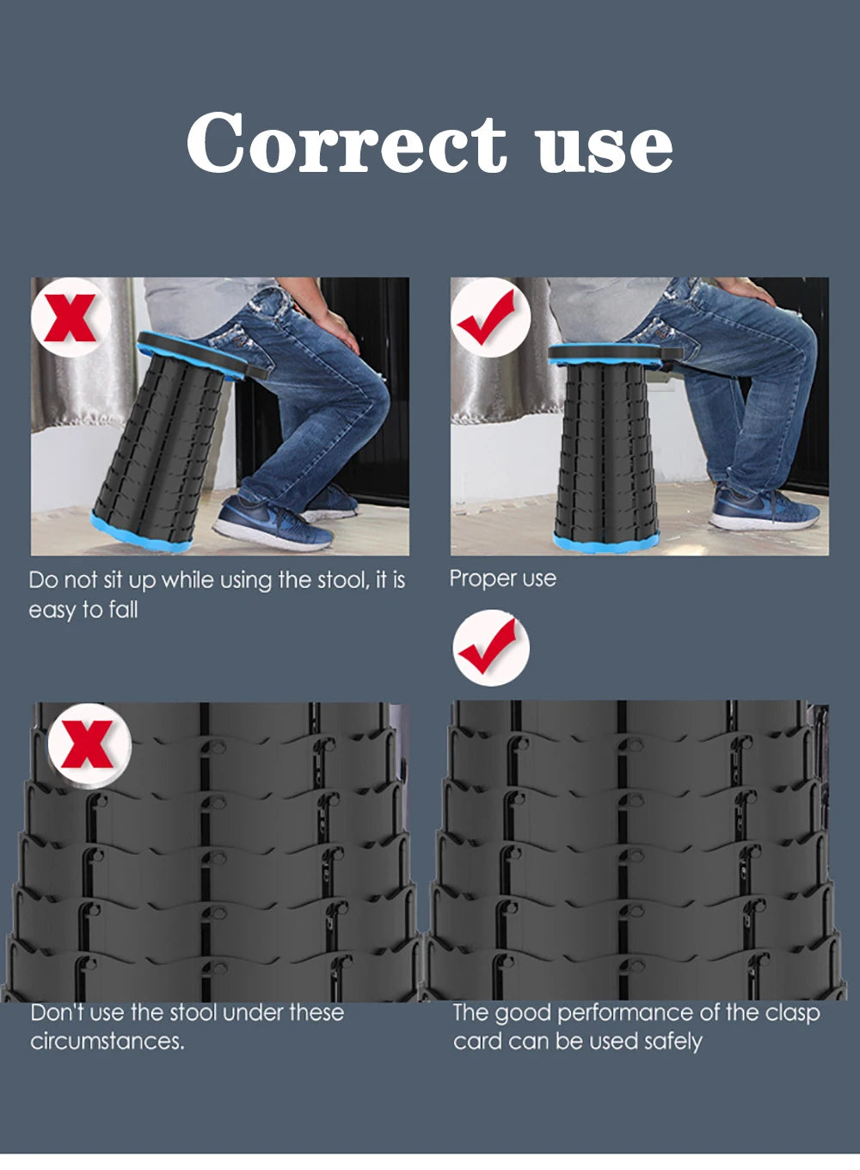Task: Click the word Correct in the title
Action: pyautogui.click(x=347, y=142)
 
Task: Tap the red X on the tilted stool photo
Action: pyautogui.click(x=71, y=318)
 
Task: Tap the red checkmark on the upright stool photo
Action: pyautogui.click(x=488, y=317)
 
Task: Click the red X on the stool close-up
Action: pyautogui.click(x=88, y=744)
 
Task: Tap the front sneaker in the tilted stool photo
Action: pyautogui.click(x=273, y=523)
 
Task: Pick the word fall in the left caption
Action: pyautogui.click(x=123, y=610)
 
